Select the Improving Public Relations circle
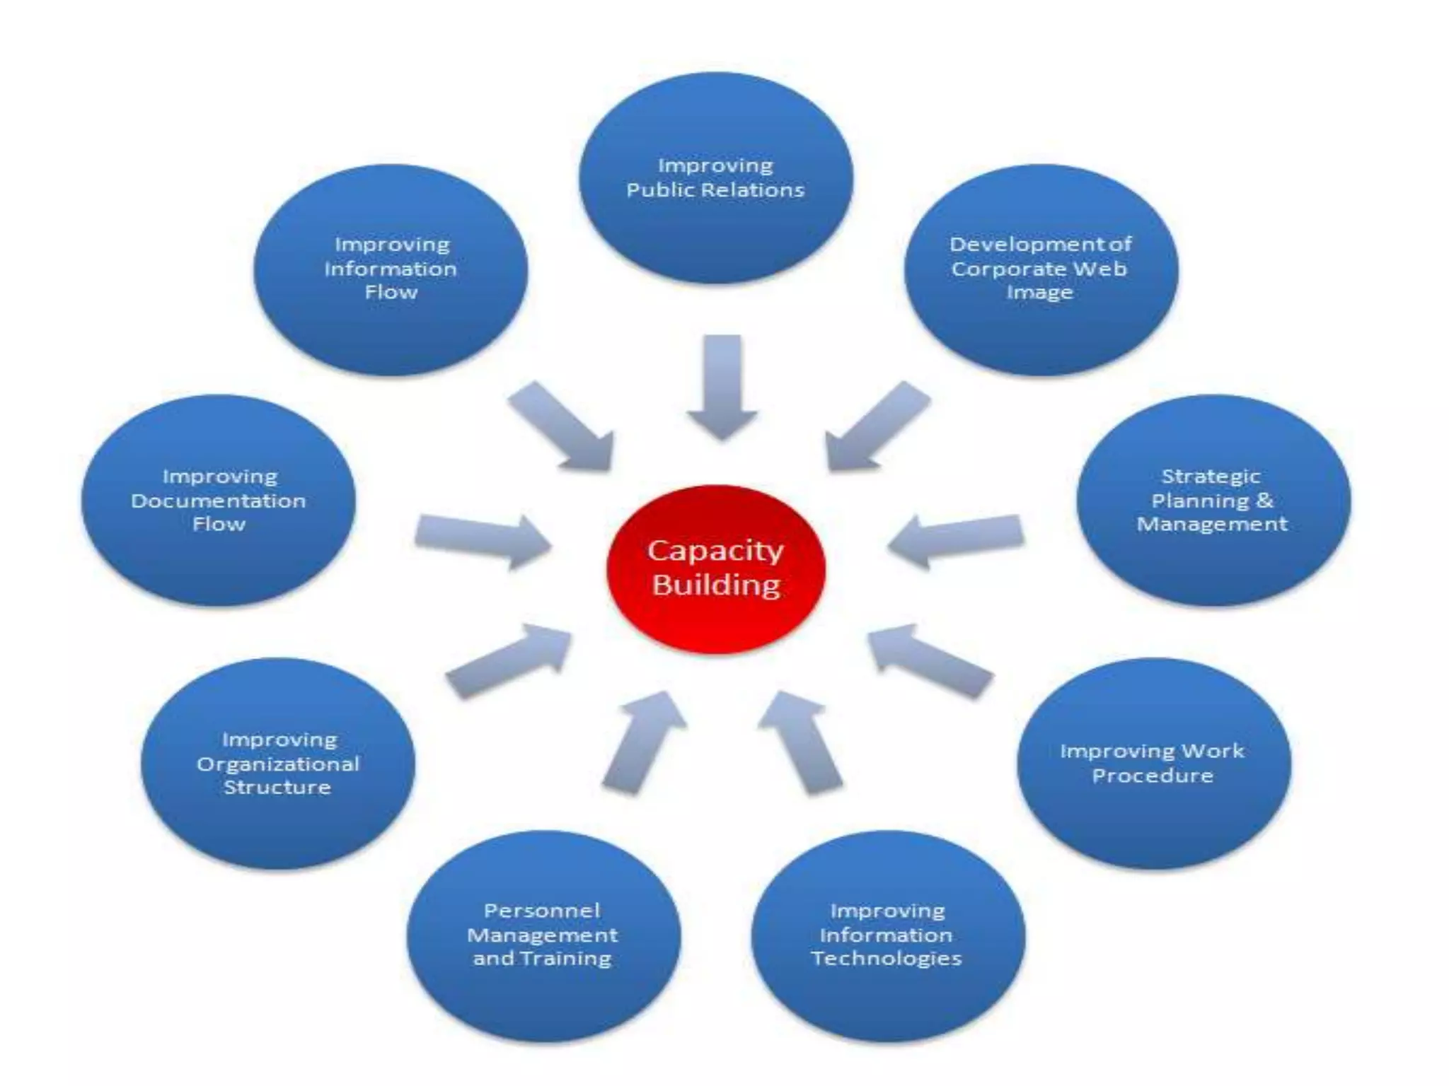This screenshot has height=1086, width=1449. pyautogui.click(x=715, y=177)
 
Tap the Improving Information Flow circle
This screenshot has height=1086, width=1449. pyautogui.click(x=391, y=269)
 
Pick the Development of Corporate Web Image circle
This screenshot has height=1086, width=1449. pyautogui.click(x=1041, y=269)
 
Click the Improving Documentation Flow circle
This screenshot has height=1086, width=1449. pyautogui.click(x=219, y=500)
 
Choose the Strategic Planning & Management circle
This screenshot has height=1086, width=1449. pyautogui.click(x=1213, y=500)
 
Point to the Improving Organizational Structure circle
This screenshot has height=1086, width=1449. pyautogui.click(x=278, y=764)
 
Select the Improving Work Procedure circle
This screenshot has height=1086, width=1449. pyautogui.click(x=1153, y=764)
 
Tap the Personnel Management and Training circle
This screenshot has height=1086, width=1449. pyautogui.click(x=543, y=935)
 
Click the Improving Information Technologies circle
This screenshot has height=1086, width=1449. pyautogui.click(x=887, y=935)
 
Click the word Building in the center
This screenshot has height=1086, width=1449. pyautogui.click(x=716, y=585)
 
